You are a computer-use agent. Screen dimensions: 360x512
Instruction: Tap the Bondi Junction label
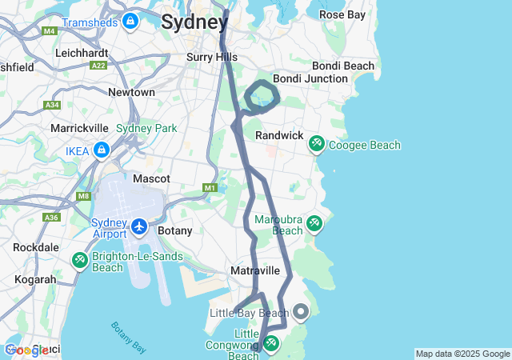[310, 78]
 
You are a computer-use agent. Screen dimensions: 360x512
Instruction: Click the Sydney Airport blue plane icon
[140, 226]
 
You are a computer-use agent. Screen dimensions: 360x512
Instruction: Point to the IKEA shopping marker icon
[102, 150]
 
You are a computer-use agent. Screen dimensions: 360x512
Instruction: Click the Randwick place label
[279, 136]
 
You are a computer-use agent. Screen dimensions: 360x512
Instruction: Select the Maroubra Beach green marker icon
[314, 223]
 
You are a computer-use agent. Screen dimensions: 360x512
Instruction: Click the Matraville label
[254, 271]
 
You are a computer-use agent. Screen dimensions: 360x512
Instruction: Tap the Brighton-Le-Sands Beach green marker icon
[80, 260]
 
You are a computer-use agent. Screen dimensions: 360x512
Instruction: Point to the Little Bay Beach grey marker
[301, 310]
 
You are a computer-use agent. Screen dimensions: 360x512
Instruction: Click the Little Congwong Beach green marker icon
[270, 343]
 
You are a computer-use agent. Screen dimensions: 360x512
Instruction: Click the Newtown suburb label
[131, 92]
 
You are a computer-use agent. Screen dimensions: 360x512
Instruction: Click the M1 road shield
[210, 187]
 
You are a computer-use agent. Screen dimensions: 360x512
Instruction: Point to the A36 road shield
[51, 217]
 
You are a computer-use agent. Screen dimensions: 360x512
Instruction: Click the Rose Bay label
[342, 14]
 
